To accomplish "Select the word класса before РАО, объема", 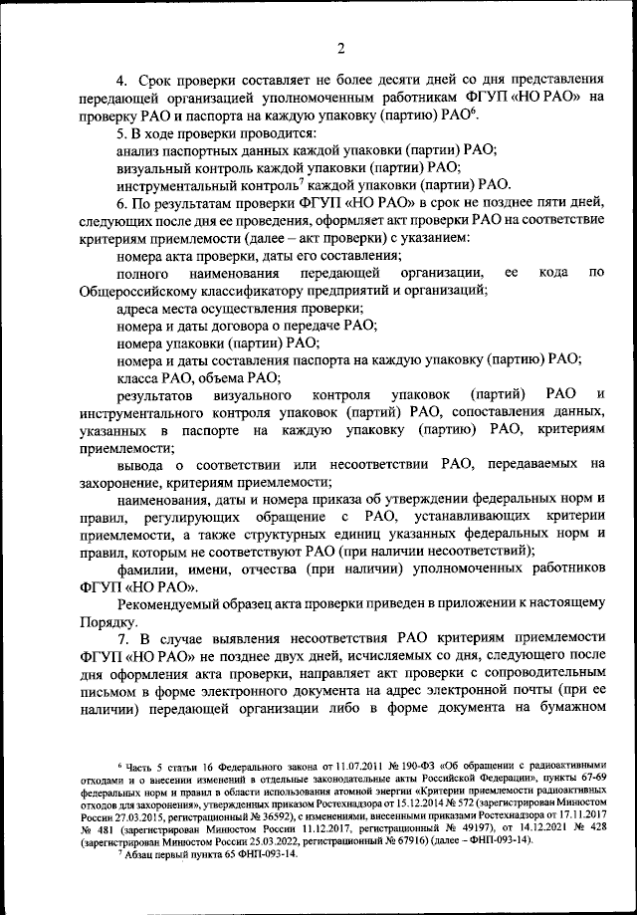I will pyautogui.click(x=139, y=376).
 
